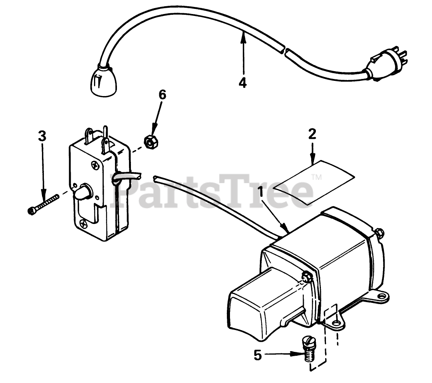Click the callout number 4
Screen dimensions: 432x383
pos(242,83)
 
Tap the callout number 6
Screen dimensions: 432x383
pos(162,95)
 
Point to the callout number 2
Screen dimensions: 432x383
pos(312,134)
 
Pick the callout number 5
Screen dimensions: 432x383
pos(258,355)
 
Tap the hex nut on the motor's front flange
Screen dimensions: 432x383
pos(307,277)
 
